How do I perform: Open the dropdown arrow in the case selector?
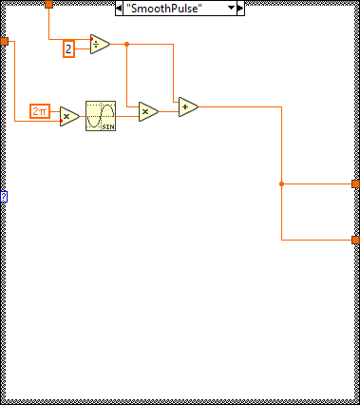pyautogui.click(x=231, y=8)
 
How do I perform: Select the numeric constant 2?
pyautogui.click(x=68, y=48)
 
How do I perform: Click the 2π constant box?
pyautogui.click(x=40, y=111)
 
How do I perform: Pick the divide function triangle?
pyautogui.click(x=100, y=44)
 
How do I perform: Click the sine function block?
pyautogui.click(x=100, y=115)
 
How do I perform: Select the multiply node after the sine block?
pyautogui.click(x=147, y=111)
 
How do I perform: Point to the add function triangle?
pyautogui.click(x=187, y=106)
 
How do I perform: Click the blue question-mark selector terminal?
pyautogui.click(x=4, y=197)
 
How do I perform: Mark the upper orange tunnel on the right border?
pyautogui.click(x=355, y=183)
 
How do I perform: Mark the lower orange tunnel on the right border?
pyautogui.click(x=355, y=241)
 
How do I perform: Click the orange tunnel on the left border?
pyautogui.click(x=5, y=42)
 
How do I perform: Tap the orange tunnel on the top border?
pyautogui.click(x=48, y=5)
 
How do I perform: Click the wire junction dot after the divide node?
pyautogui.click(x=126, y=44)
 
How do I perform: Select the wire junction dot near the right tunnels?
pyautogui.click(x=281, y=183)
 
